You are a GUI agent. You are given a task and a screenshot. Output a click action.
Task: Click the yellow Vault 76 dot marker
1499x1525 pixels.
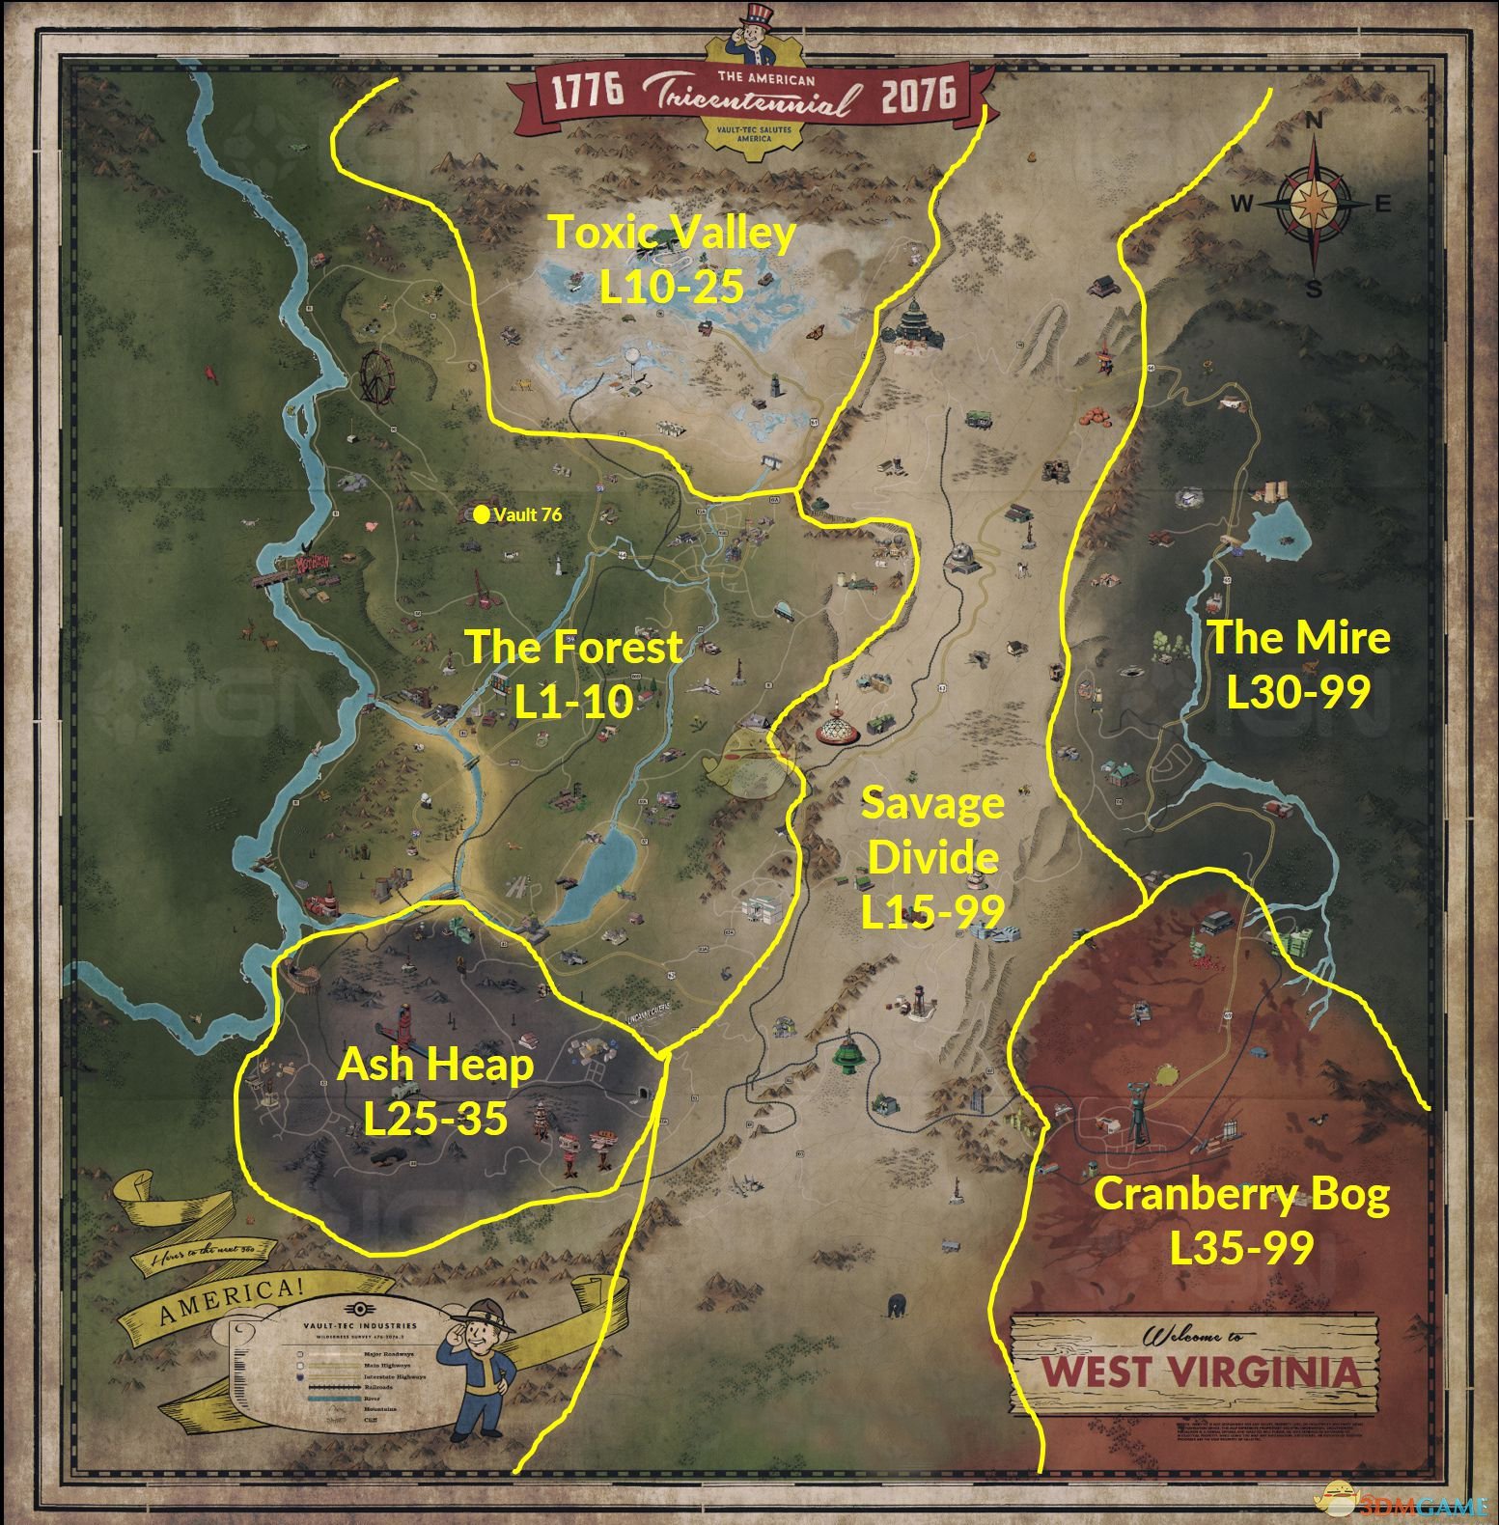(481, 514)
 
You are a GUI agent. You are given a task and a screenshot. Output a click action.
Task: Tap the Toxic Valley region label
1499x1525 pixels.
(672, 233)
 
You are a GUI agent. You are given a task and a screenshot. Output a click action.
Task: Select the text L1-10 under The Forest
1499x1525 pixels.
(573, 702)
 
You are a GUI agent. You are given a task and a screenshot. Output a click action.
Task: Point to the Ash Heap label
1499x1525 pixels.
(435, 1065)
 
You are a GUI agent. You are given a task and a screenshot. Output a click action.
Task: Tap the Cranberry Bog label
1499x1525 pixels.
(1241, 1195)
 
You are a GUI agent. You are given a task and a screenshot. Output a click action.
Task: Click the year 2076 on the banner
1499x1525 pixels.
(917, 94)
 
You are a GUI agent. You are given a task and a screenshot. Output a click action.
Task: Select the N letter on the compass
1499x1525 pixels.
(1314, 122)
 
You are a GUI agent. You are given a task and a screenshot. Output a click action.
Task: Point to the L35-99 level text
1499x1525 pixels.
(1241, 1248)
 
